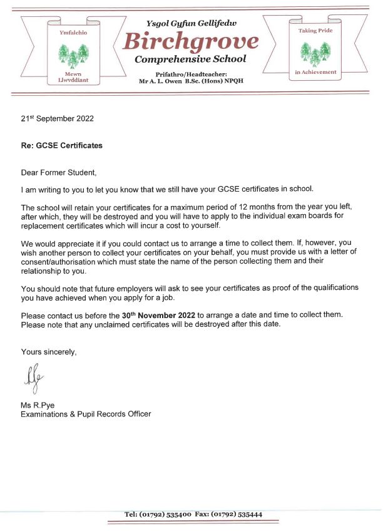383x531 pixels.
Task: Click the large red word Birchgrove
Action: (x=190, y=41)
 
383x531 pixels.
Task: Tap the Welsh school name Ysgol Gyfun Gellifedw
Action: (x=191, y=23)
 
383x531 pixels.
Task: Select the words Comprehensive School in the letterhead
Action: (x=190, y=59)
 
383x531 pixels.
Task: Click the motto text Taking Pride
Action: (x=315, y=30)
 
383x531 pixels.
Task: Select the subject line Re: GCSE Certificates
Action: (x=62, y=145)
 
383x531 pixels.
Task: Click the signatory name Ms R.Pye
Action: (x=38, y=405)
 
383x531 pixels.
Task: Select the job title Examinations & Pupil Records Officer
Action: (x=86, y=414)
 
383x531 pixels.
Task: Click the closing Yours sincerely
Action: (x=49, y=352)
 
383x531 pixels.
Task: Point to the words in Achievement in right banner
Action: (x=315, y=73)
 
